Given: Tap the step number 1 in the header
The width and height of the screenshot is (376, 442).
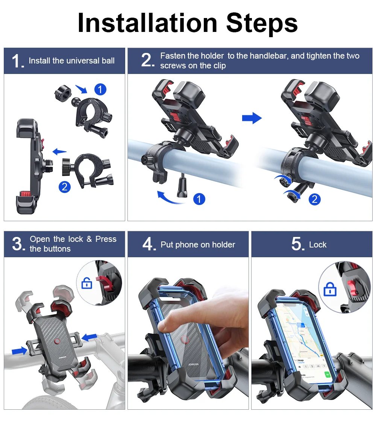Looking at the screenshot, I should (17, 61).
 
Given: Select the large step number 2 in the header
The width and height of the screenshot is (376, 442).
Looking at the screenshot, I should (147, 60).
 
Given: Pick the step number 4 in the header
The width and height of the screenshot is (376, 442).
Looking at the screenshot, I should (149, 244).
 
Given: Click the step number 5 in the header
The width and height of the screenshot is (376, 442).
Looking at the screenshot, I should (297, 244).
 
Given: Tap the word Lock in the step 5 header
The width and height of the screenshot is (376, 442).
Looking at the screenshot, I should (318, 245).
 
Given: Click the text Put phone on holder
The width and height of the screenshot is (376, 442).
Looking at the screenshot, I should (198, 245).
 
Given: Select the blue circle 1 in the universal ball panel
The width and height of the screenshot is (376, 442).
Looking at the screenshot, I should (100, 89).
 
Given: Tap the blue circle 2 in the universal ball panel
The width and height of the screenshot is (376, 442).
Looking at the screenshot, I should (65, 187).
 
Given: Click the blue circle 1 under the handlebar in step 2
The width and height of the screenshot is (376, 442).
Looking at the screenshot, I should (199, 199).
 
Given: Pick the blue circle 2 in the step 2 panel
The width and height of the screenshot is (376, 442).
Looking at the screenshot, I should (314, 199).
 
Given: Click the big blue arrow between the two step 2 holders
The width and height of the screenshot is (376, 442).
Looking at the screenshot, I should (252, 118).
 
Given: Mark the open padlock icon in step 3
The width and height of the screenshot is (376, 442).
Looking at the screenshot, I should (87, 284).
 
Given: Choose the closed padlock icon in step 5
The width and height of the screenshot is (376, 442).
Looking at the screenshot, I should (330, 289).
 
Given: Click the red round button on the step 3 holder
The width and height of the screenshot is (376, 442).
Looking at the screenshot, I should (57, 341).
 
